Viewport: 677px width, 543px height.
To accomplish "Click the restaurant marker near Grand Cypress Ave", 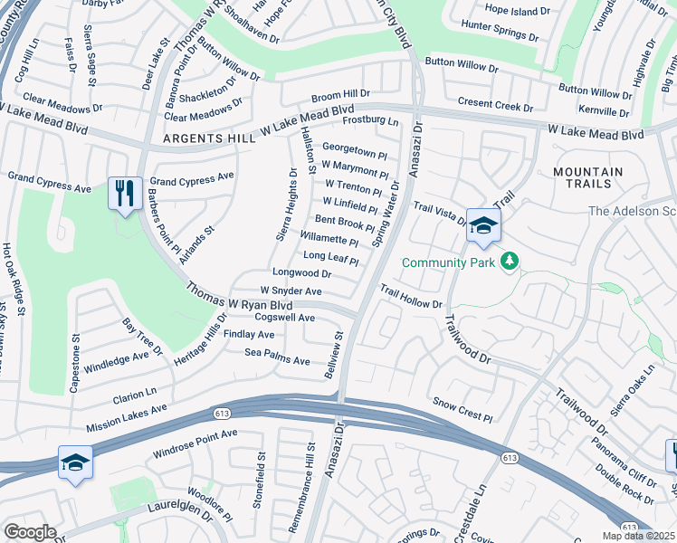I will (125, 193).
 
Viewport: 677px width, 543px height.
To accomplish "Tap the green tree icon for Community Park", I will (510, 262).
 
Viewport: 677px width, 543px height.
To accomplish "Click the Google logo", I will (30, 532).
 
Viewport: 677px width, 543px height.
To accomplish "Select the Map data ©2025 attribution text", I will (637, 537).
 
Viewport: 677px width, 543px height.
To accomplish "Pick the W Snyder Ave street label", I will (291, 291).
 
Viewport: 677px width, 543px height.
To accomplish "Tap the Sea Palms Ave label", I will (277, 356).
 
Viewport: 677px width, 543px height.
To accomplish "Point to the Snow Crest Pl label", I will (462, 408).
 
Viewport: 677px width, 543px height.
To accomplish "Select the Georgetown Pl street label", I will (355, 150).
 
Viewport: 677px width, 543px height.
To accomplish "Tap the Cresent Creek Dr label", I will (495, 105).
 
